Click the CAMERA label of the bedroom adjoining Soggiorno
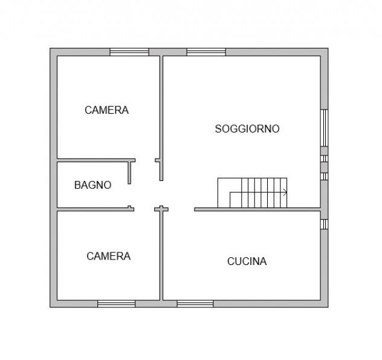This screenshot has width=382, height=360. click(x=107, y=110)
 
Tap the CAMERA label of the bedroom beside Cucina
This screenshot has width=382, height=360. click(x=108, y=256)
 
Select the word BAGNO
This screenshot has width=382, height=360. click(x=93, y=185)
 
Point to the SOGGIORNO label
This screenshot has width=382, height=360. click(x=247, y=129)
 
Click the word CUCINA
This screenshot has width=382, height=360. click(x=247, y=261)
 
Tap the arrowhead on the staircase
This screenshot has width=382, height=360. click(x=285, y=192)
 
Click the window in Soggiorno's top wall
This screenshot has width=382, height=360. click(x=206, y=52)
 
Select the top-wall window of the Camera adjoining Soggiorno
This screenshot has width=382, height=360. click(x=129, y=52)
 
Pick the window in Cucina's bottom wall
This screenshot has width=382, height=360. click(x=195, y=304)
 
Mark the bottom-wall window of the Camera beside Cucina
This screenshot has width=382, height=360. click(x=116, y=304)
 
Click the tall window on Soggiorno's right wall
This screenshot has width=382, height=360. click(x=324, y=128)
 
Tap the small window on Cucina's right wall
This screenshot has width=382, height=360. click(x=324, y=224)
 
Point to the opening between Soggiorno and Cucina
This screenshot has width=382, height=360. click(x=181, y=209)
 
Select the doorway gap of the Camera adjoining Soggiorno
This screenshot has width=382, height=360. click(x=145, y=160)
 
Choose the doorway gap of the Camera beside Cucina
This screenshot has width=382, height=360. click(x=144, y=209)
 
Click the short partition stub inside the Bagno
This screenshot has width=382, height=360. click(x=129, y=172)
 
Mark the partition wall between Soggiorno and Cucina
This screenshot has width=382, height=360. click(x=257, y=209)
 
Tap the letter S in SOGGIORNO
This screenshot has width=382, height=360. click(x=218, y=129)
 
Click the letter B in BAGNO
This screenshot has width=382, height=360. click(x=77, y=185)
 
